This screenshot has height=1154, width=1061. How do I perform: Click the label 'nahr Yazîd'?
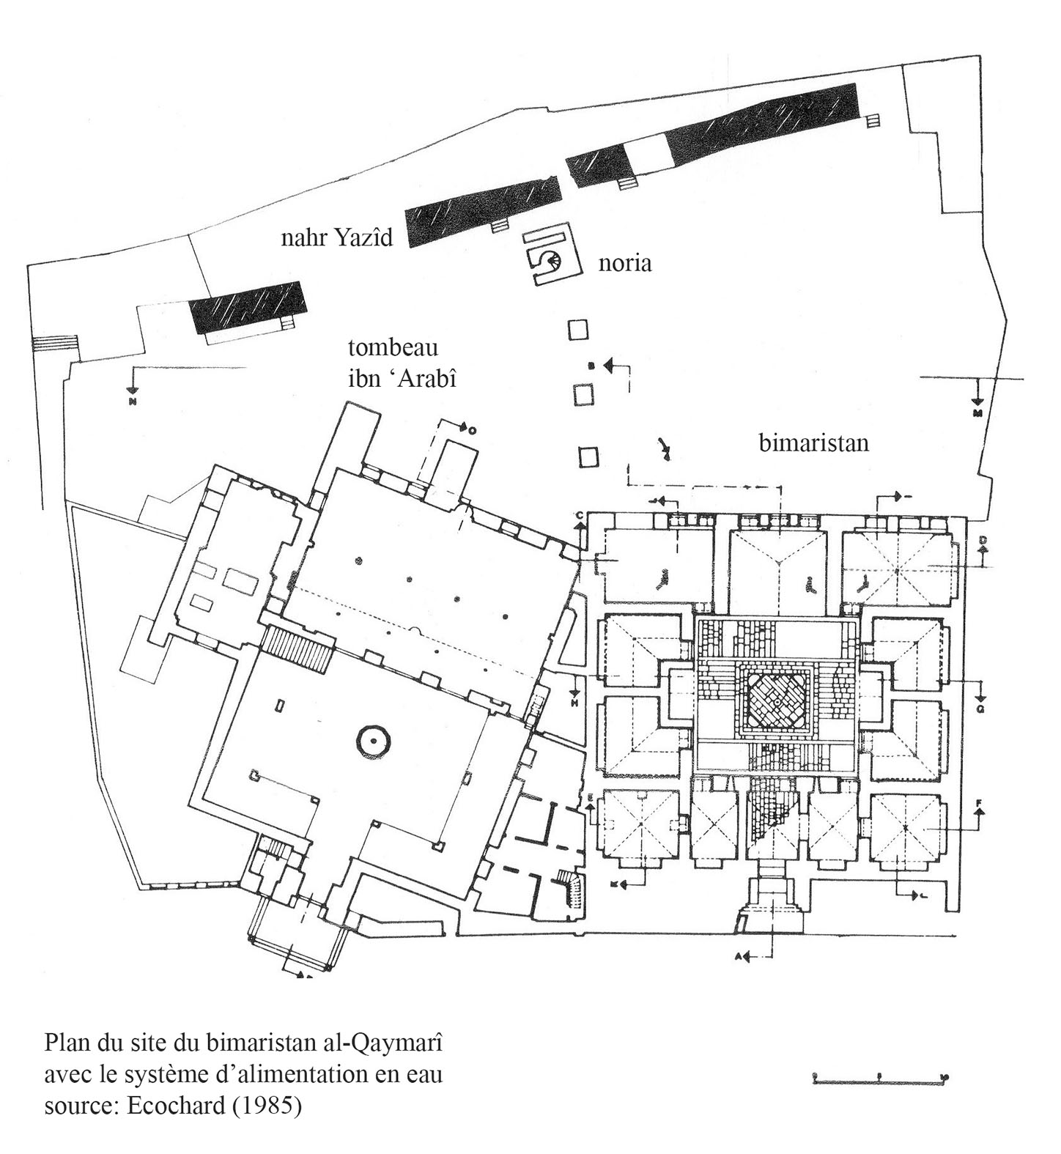pos(337,237)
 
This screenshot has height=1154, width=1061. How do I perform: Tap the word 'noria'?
pos(624,263)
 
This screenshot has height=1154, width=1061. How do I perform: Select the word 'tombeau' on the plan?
pos(393,347)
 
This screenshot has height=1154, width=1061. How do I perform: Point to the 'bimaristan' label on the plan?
pos(813,443)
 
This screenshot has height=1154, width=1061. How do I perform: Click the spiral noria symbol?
pos(550,259)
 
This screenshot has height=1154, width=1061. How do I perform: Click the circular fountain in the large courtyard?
pos(373,742)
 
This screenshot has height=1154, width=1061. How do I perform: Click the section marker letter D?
pos(983,541)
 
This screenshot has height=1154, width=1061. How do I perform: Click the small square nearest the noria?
pos(578,330)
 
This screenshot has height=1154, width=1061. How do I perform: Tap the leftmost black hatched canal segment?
pos(246,307)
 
